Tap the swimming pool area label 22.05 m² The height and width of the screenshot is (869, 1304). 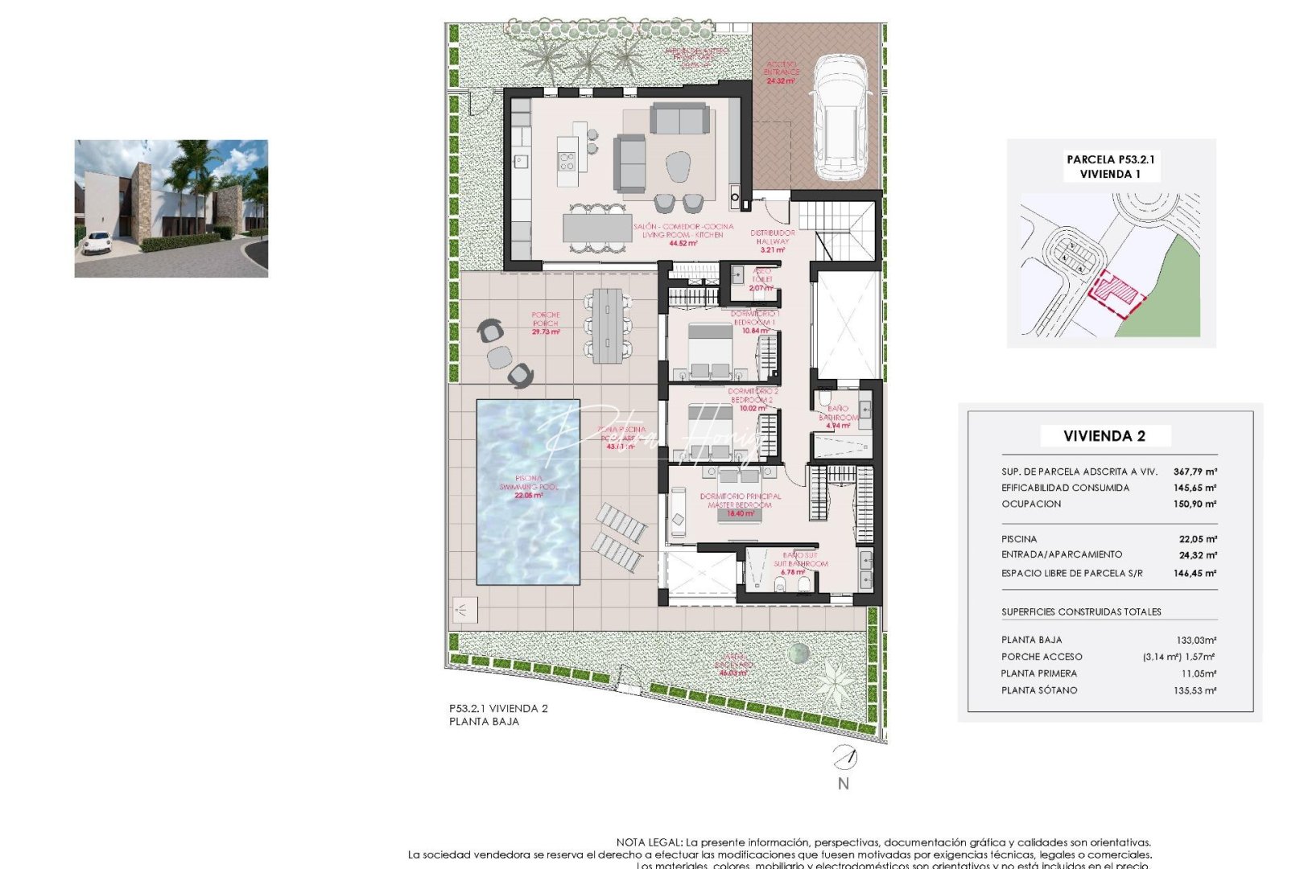click(x=529, y=496)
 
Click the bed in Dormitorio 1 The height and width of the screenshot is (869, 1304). click(x=710, y=349)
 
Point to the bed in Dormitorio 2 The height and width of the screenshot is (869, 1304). click(x=710, y=430)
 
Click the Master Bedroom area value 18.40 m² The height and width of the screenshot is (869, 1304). click(x=741, y=513)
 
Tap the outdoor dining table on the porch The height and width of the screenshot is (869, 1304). click(x=608, y=326)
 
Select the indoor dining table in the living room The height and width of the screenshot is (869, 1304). click(x=597, y=228)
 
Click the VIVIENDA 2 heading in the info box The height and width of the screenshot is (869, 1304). click(x=1104, y=436)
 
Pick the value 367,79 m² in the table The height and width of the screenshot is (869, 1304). click(x=1195, y=472)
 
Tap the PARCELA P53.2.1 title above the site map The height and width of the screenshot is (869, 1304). click(x=1110, y=159)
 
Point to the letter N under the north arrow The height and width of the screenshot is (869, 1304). click(x=843, y=784)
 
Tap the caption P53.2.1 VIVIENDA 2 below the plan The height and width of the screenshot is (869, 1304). click(x=498, y=709)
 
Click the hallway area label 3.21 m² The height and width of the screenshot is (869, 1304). click(x=773, y=250)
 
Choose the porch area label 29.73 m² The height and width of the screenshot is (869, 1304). click(x=546, y=332)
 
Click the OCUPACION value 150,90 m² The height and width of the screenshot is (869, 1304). click(x=1195, y=505)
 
